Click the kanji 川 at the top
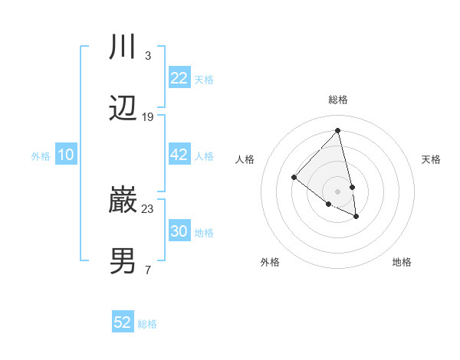(x=123, y=47)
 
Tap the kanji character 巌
(x=123, y=201)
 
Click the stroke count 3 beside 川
(x=147, y=55)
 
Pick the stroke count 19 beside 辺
(x=147, y=117)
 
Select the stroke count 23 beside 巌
(x=147, y=208)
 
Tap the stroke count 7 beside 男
(x=147, y=270)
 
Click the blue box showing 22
(x=179, y=78)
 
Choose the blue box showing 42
(x=179, y=155)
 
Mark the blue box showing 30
(x=179, y=231)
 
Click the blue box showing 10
(x=65, y=155)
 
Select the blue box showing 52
(x=123, y=322)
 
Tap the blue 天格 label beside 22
(x=204, y=79)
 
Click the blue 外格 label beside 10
(x=41, y=155)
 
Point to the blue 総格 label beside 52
(x=147, y=323)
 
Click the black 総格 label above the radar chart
(x=338, y=100)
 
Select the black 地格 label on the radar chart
(x=402, y=262)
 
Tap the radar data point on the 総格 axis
(x=337, y=130)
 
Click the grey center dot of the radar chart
(x=337, y=191)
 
